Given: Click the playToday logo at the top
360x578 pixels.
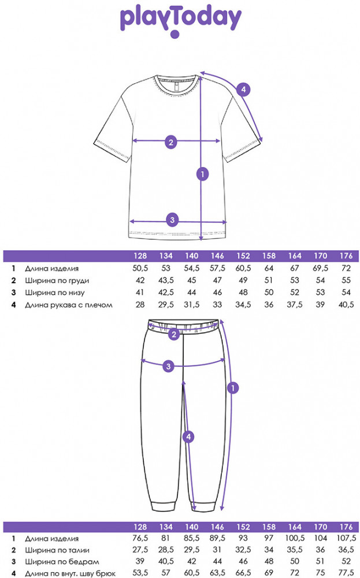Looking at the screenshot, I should click(180, 20).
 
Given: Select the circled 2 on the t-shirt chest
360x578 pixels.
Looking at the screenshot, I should click(170, 141).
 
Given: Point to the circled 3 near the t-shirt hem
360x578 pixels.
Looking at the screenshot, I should click(172, 220).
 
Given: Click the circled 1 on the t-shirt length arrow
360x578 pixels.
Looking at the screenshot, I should click(202, 173).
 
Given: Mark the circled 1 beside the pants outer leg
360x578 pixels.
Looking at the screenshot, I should click(233, 388).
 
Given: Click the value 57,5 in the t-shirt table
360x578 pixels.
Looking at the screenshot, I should click(218, 269).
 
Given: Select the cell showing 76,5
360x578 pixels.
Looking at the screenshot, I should click(140, 538).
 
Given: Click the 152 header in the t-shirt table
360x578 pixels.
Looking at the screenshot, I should click(243, 256).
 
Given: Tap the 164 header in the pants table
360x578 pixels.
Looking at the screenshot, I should click(295, 526).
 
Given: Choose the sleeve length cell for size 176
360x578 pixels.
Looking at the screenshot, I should click(345, 305).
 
